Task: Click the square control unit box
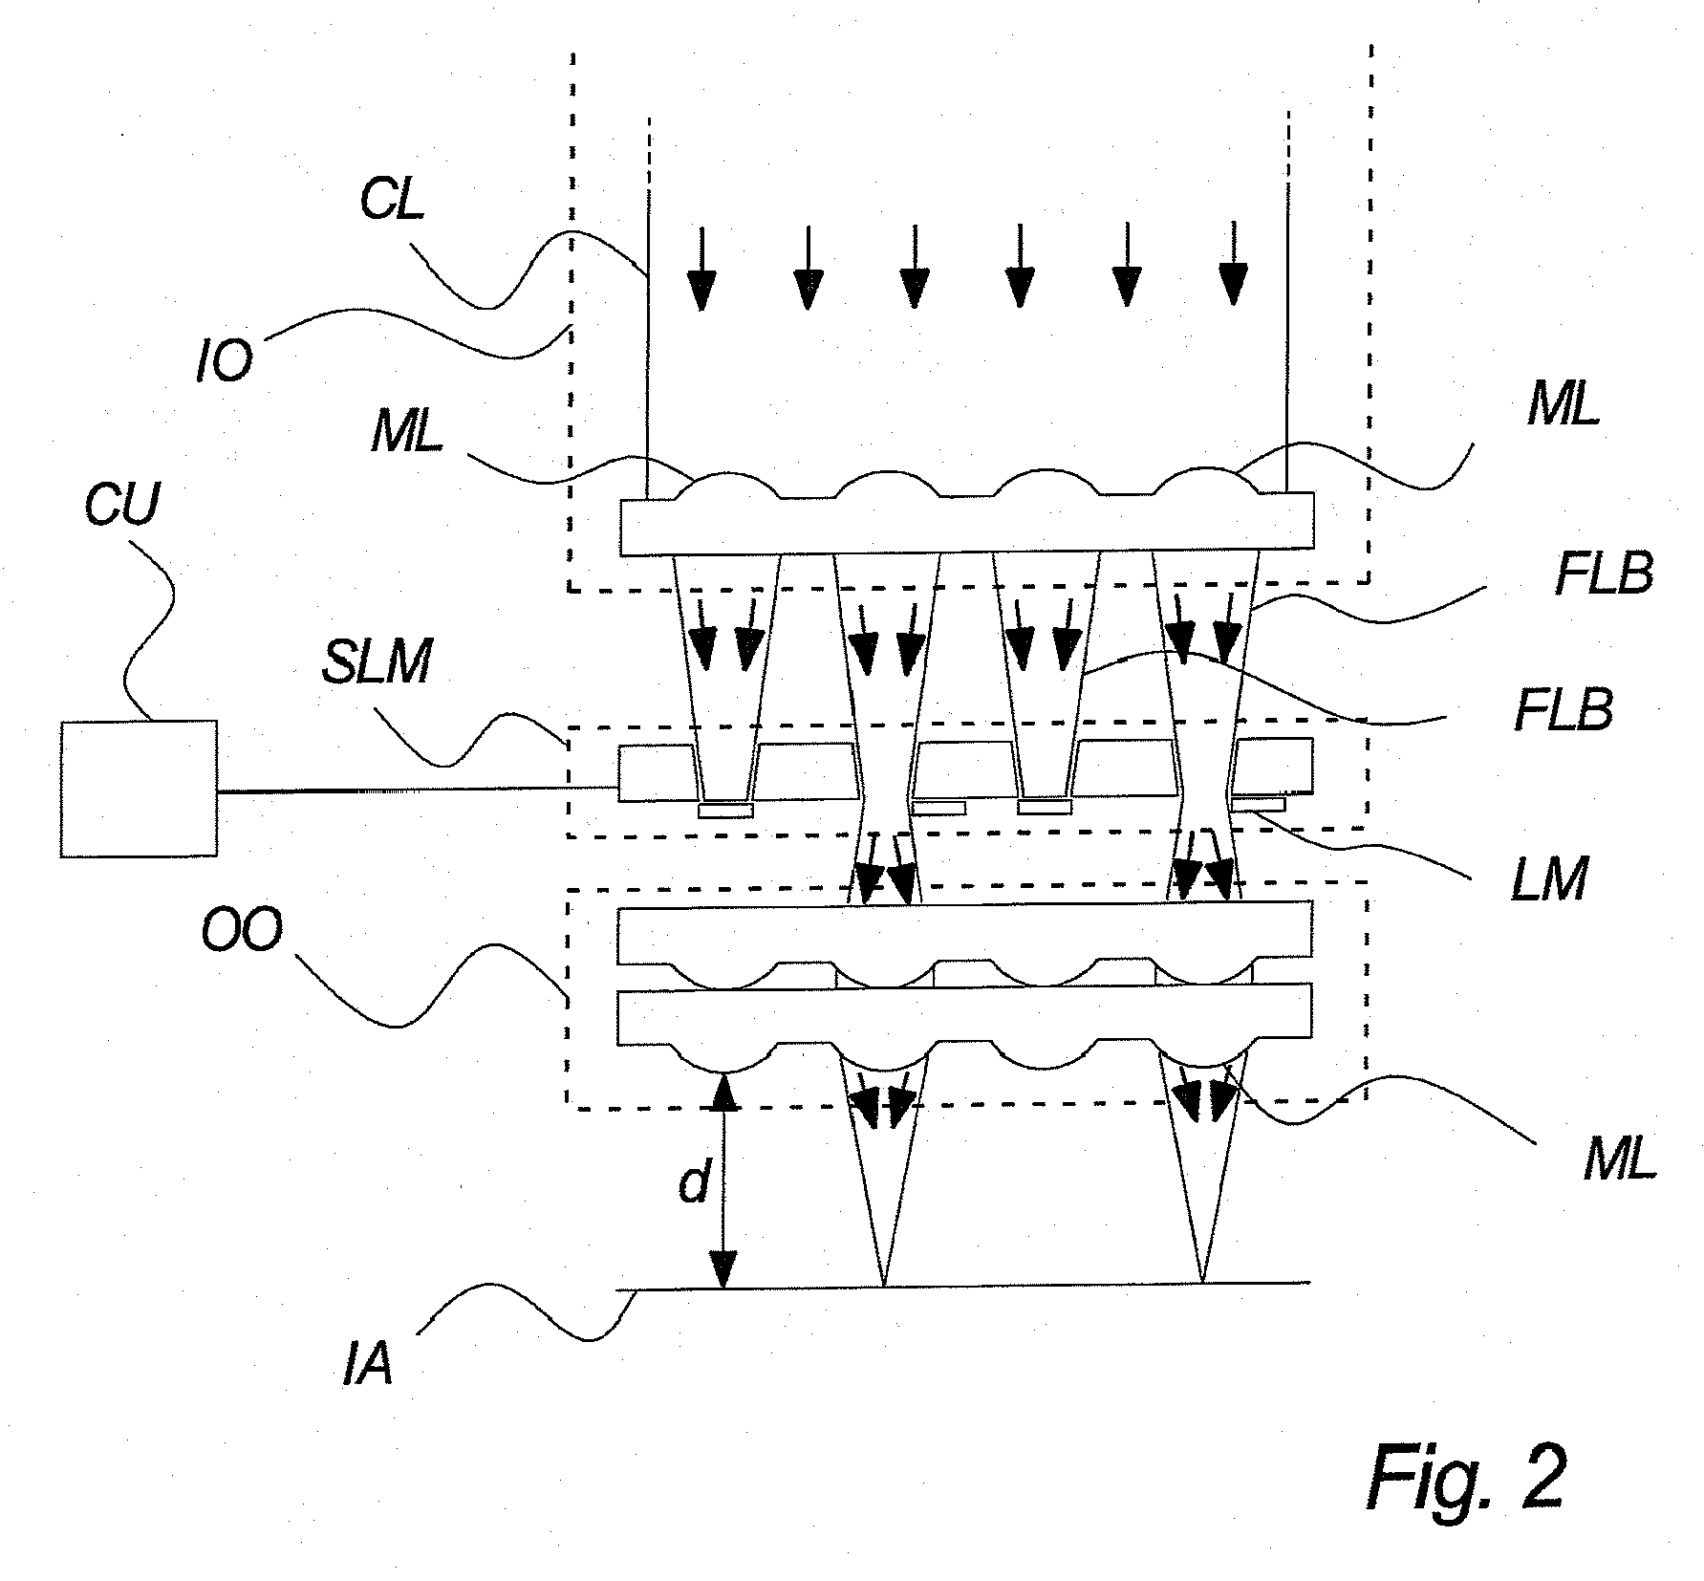coord(138,789)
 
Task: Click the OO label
coord(242,930)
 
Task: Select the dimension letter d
coord(693,1184)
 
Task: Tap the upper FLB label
coord(1604,575)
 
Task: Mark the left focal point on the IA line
coord(883,1284)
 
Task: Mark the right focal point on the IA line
coord(1202,1282)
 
